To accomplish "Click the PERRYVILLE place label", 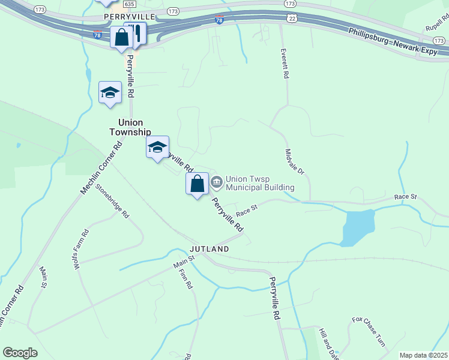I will [x=129, y=16].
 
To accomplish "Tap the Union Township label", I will [x=130, y=126].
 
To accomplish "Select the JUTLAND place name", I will [x=209, y=248].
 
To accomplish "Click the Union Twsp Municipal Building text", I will [x=260, y=183].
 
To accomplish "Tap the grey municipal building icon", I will [x=216, y=180].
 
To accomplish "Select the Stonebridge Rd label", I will [x=116, y=205].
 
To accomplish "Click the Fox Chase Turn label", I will [x=368, y=332].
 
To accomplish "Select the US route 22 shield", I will [x=291, y=19].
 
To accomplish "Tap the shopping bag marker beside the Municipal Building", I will [x=197, y=184].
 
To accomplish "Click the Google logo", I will [x=20, y=353].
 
